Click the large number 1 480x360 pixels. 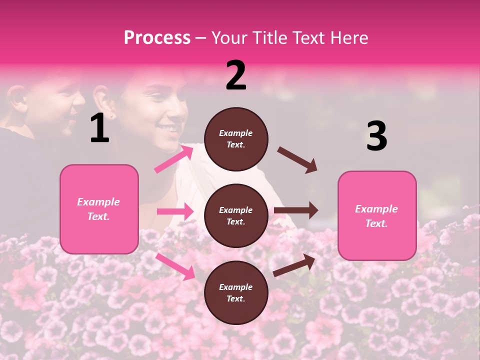(x=99, y=128)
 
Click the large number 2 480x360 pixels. (x=236, y=75)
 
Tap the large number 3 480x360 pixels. (x=376, y=136)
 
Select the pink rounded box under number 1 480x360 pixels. (x=99, y=209)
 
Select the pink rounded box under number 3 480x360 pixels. (x=377, y=215)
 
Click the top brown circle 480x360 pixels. (x=236, y=139)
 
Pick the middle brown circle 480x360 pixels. (x=236, y=215)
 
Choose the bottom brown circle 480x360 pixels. (x=236, y=292)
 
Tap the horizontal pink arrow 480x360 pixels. (x=175, y=211)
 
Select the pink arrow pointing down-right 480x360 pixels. (x=175, y=266)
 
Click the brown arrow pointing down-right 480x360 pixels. (x=297, y=160)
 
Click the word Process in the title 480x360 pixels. (x=157, y=37)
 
